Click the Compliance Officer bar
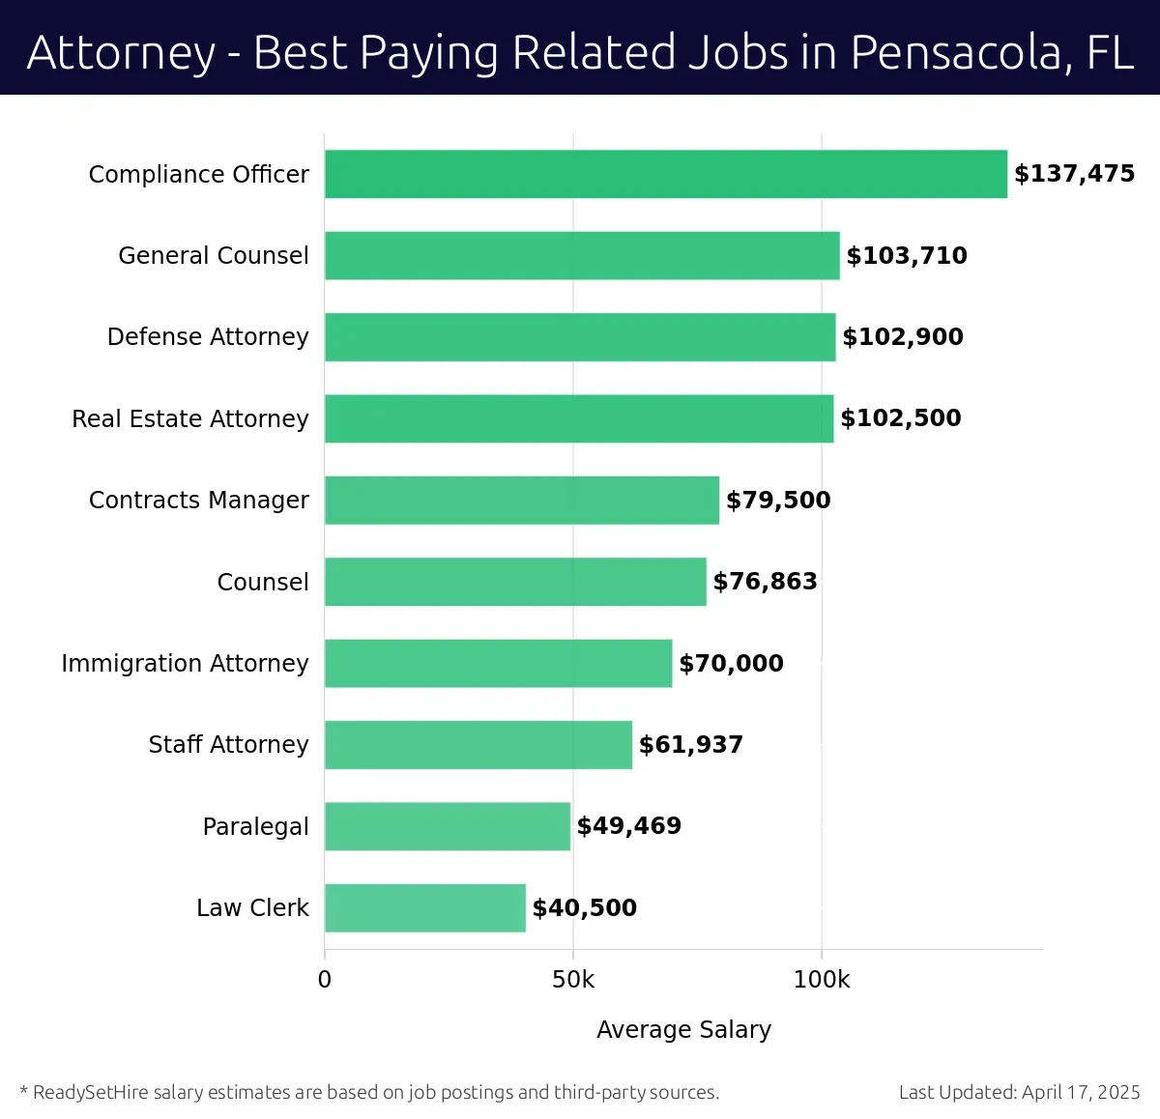[x=665, y=174]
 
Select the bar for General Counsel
[x=582, y=255]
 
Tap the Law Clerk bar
[x=425, y=907]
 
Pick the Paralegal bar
[x=448, y=826]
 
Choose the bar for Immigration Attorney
[x=498, y=663]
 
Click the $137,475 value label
[x=1074, y=174]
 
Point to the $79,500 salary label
[x=778, y=501]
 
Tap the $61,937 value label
[x=690, y=745]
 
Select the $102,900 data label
[x=902, y=337]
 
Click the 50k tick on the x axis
[x=573, y=980]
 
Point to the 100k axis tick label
[x=821, y=980]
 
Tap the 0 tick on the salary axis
[x=325, y=980]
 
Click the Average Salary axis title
[x=683, y=1030]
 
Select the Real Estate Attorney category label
[x=190, y=418]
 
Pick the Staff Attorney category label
[x=228, y=745]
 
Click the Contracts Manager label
[x=199, y=501]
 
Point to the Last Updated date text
[x=1019, y=1093]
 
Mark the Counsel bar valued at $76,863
[x=515, y=582]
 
